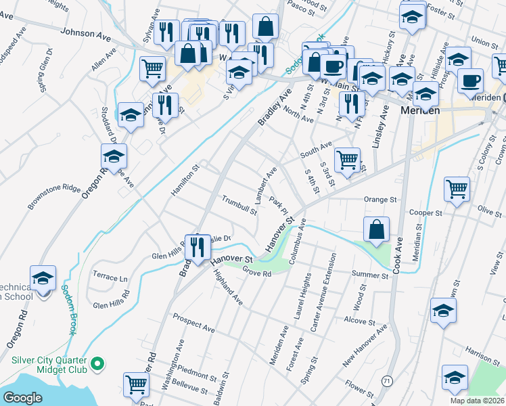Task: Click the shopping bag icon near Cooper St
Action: point(375,229)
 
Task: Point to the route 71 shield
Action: point(386,381)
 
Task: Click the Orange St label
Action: point(379,200)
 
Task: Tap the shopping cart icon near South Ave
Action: point(347,160)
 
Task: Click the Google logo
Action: point(22,398)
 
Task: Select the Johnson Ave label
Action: point(85,32)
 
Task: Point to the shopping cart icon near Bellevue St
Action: point(137,384)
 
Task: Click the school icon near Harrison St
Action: point(454,378)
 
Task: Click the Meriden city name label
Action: point(420,110)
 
